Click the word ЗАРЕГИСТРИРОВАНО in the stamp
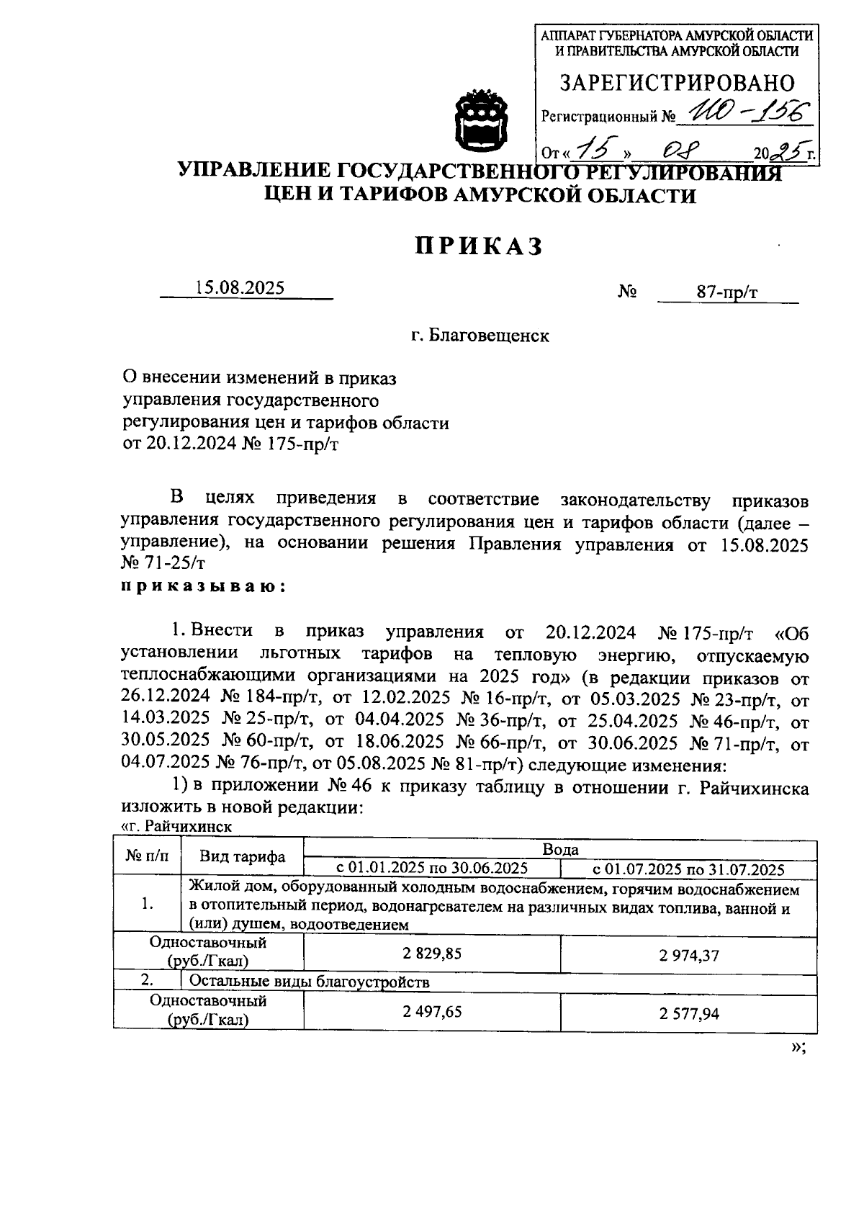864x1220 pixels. point(677,83)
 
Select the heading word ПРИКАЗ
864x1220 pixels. point(477,246)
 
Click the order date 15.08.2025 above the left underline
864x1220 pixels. point(240,287)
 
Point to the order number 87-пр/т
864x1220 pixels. point(726,292)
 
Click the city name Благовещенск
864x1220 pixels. point(480,336)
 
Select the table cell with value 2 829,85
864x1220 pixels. point(432,954)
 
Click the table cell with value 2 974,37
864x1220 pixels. point(688,956)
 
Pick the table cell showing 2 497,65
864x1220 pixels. point(432,1011)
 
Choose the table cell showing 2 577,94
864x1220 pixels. point(688,1014)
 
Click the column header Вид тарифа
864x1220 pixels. point(242,856)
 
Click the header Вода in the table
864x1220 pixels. point(560,849)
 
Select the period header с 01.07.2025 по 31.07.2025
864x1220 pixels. point(688,869)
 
